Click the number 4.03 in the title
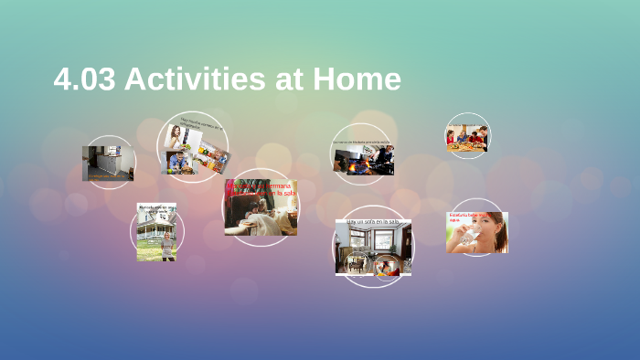[x=84, y=79]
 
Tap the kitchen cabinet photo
[x=108, y=164]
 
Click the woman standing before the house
[x=166, y=246]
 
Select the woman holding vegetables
[x=176, y=136]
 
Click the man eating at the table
[x=179, y=163]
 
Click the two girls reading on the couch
[x=261, y=216]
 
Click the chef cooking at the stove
[x=383, y=156]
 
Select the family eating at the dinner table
[x=466, y=138]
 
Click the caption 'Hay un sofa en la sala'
[x=372, y=222]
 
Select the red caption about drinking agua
[x=464, y=217]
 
